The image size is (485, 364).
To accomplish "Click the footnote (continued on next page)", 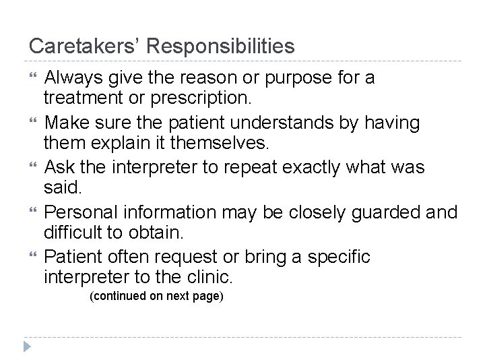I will click(156, 297).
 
